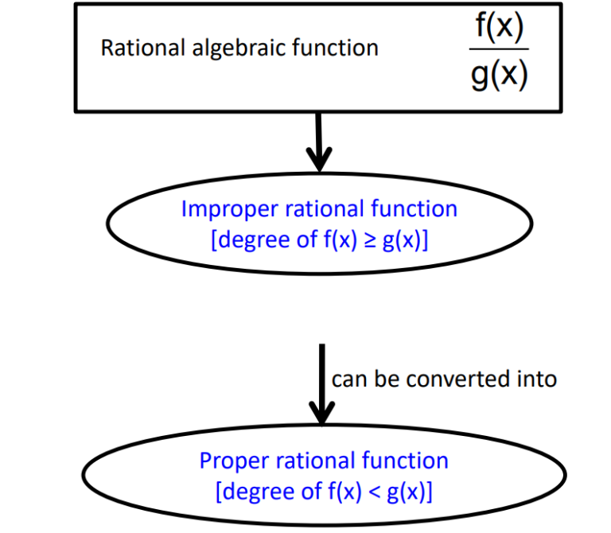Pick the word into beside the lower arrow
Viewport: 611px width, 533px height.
point(539,379)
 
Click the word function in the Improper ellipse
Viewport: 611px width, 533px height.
point(414,209)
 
